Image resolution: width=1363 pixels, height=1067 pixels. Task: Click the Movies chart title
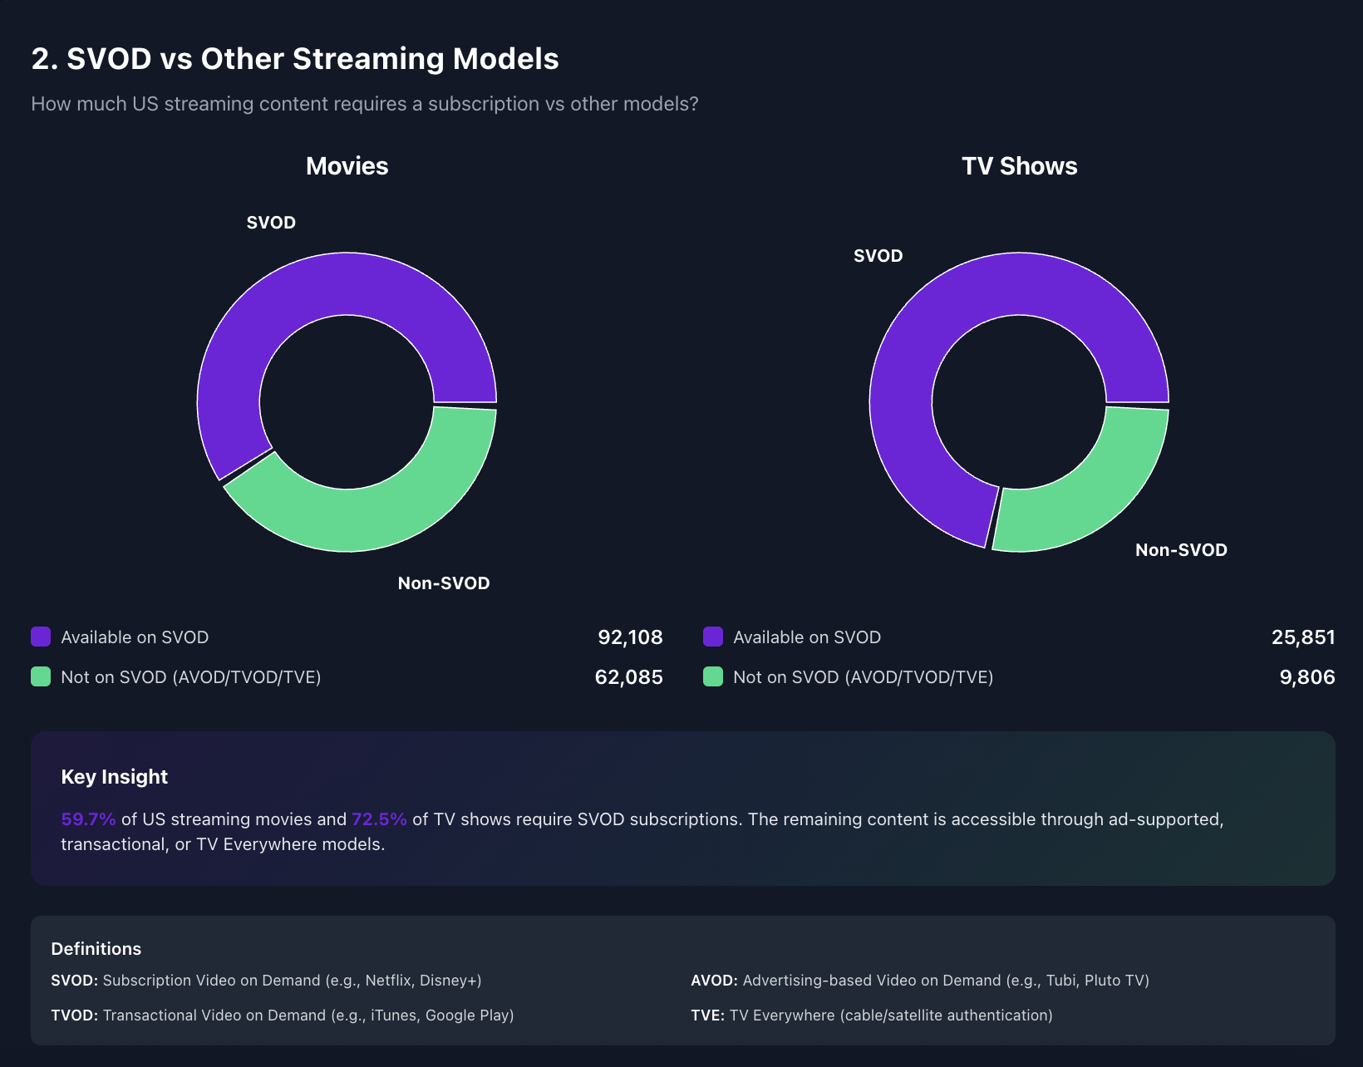pos(347,166)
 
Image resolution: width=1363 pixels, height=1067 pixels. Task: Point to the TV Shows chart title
pos(1019,166)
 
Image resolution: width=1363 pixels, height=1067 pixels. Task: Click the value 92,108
pos(630,637)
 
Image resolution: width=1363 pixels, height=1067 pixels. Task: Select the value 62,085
pos(628,677)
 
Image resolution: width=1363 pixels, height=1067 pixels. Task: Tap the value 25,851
pos(1302,637)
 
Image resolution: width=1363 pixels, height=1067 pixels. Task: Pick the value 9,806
pos(1306,677)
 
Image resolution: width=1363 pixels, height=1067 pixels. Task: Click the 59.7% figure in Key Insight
pos(88,819)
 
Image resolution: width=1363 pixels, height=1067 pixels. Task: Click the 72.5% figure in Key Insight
pos(379,819)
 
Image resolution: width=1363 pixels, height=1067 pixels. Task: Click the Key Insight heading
pos(114,777)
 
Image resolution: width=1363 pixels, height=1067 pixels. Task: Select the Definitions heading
pos(96,949)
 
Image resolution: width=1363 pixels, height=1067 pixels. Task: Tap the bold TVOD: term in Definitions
pos(74,1015)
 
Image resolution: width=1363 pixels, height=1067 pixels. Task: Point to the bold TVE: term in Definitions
pos(707,1015)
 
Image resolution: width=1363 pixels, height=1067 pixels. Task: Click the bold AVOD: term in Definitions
pos(714,981)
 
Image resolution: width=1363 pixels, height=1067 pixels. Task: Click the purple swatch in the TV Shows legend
pos(713,637)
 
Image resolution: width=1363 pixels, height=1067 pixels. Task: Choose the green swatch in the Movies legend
pos(41,677)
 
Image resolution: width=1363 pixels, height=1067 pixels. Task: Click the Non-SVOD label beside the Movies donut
pos(443,583)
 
